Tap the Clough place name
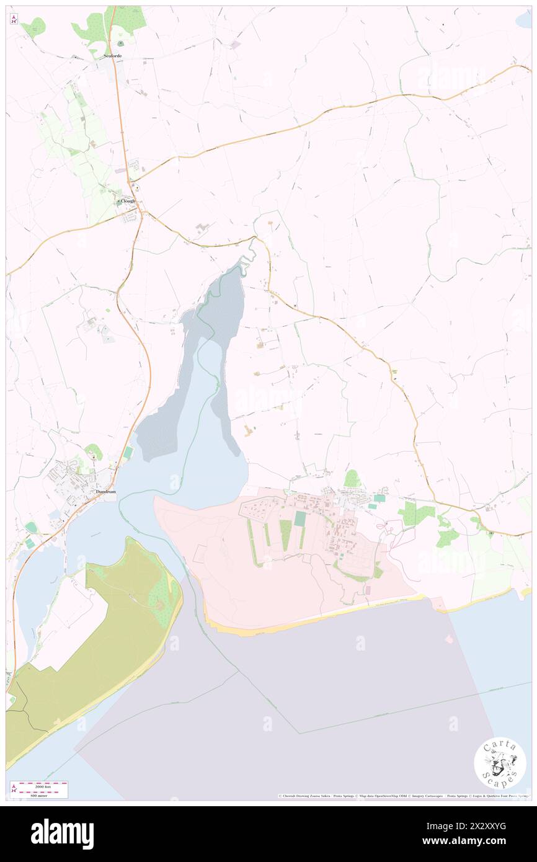128,201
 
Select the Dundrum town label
105,492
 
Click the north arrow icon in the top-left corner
14,19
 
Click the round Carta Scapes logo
500,762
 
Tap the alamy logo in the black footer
62,834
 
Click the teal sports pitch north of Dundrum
128,453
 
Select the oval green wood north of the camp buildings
352,478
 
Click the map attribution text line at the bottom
403,796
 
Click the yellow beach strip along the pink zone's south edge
310,617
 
